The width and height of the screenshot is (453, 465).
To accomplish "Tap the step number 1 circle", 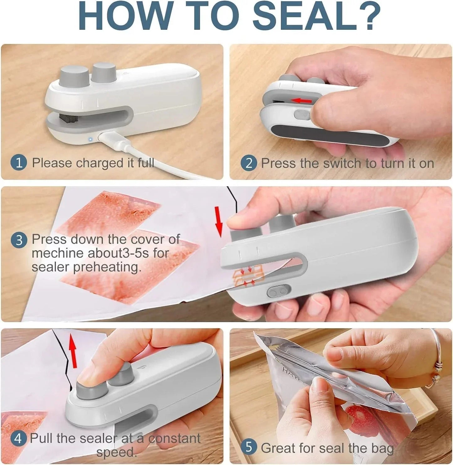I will [19, 163].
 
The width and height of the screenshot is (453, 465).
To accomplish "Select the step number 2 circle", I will [249, 163].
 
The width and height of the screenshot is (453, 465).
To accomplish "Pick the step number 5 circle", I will [249, 447].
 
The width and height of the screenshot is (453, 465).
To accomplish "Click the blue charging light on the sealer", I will [90, 139].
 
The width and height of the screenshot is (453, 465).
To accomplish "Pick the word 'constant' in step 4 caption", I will [174, 438].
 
